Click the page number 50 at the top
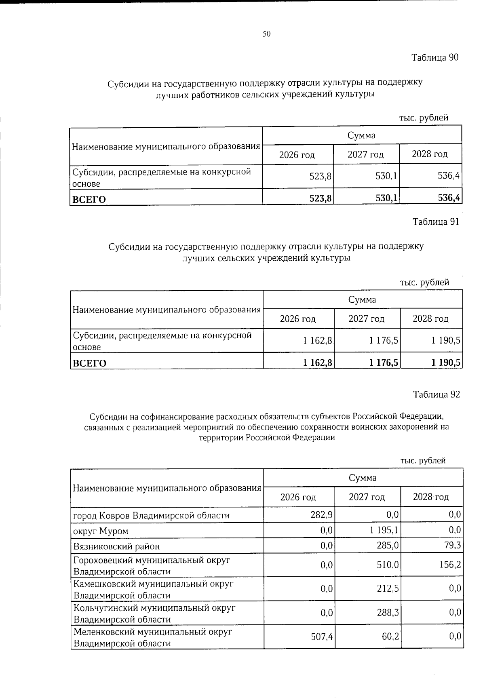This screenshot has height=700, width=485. pos(266,34)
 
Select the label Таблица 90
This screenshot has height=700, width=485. pos(435,57)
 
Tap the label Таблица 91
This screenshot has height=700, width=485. pos(436,221)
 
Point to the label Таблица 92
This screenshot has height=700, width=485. pos(436,394)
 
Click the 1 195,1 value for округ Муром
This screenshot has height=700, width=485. pos(384,530)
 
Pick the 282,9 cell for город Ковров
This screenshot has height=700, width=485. pos(323,515)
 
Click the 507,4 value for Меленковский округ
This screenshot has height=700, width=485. pos(322,637)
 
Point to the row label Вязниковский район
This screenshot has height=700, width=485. pos(116,546)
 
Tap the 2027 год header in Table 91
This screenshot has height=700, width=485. pos(367,319)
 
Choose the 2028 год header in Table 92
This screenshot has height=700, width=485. pos(431,497)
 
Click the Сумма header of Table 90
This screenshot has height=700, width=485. pos(362,135)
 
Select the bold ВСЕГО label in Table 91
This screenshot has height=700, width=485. pos(89,363)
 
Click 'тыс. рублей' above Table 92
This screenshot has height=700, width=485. pos(423,460)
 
